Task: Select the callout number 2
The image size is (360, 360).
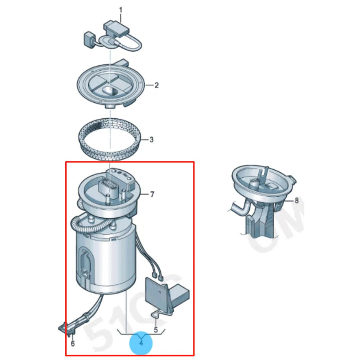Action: [x=157, y=85]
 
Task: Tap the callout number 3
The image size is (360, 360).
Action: [x=151, y=140]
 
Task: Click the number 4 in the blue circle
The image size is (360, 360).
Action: [x=141, y=343]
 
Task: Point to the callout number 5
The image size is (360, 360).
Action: [x=156, y=329]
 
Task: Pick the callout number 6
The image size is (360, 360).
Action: [x=72, y=344]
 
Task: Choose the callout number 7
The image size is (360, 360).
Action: [x=152, y=194]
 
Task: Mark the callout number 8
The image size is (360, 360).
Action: [x=296, y=201]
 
